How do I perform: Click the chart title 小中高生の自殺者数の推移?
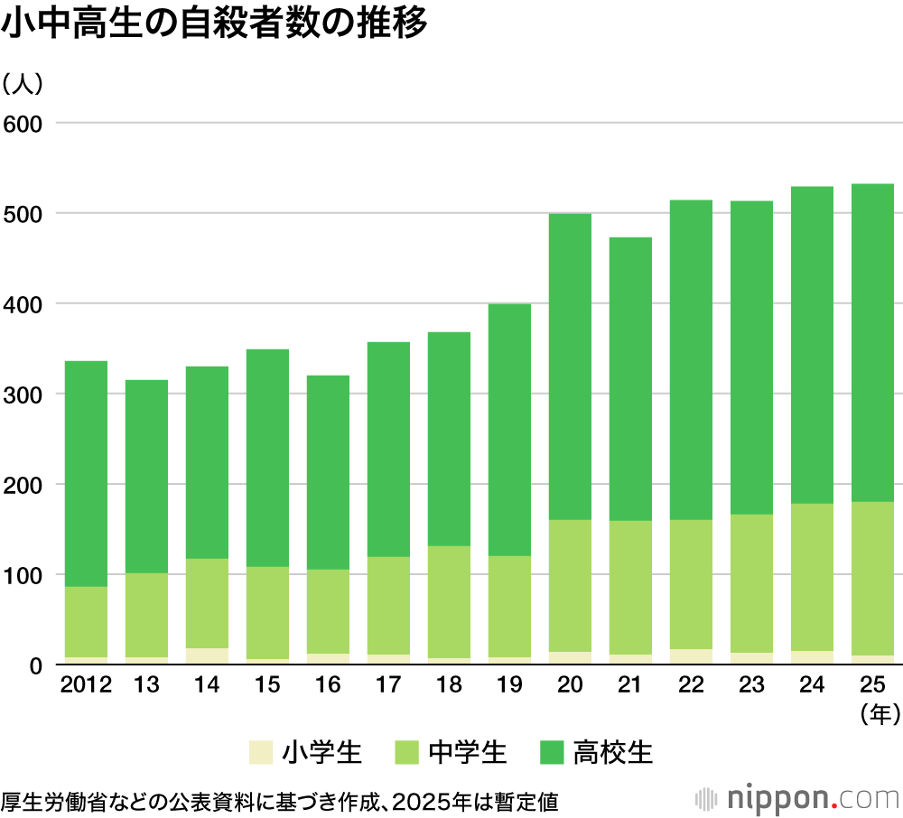[214, 24]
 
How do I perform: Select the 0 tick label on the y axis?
[36, 666]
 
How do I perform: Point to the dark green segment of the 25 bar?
[872, 343]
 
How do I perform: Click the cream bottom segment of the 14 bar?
[207, 656]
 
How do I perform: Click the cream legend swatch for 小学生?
[260, 752]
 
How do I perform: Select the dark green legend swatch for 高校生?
[551, 752]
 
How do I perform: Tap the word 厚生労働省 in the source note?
[50, 800]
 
